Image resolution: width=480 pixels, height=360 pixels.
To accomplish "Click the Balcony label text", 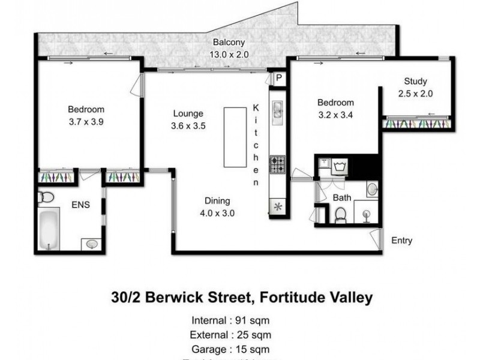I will [x=226, y=43].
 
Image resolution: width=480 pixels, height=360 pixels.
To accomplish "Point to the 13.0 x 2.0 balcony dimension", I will [x=228, y=54].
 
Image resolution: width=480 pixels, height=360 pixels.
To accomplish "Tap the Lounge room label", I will [x=188, y=113].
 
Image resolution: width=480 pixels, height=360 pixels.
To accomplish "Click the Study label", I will [x=415, y=82].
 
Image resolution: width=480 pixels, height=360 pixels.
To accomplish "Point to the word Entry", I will [x=401, y=241].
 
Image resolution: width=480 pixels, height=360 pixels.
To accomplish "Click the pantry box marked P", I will [x=279, y=78].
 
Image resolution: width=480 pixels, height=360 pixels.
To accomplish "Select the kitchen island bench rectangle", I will [x=235, y=137].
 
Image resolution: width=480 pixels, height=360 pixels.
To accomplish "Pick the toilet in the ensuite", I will [x=46, y=197].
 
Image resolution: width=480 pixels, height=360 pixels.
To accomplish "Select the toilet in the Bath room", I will [x=340, y=214].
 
